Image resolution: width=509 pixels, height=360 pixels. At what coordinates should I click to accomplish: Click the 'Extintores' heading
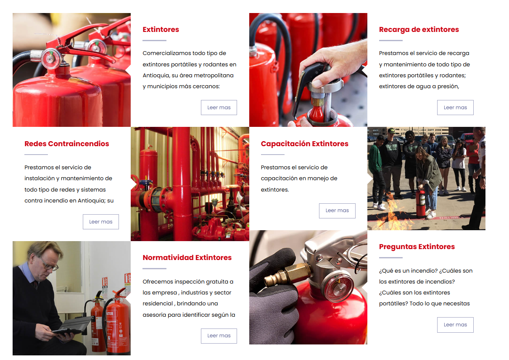click(161, 29)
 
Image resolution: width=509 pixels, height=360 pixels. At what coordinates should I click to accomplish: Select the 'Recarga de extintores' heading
click(419, 29)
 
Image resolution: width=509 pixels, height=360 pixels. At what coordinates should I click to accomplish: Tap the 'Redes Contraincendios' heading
click(66, 144)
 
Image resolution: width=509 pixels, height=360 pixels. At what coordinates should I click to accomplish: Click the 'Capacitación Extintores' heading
click(304, 144)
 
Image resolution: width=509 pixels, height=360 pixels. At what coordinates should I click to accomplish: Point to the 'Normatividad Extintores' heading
click(187, 258)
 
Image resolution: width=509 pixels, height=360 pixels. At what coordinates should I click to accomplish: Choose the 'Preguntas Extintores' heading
click(417, 247)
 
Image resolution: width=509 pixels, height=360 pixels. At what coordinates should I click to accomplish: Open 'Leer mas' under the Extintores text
click(219, 108)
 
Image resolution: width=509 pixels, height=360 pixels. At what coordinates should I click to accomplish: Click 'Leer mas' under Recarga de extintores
click(455, 108)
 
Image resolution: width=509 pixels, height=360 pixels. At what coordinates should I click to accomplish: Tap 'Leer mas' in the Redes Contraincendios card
click(100, 222)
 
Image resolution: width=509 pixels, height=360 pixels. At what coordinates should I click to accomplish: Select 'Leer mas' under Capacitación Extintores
click(337, 210)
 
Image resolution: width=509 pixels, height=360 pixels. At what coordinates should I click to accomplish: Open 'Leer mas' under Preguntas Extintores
click(455, 325)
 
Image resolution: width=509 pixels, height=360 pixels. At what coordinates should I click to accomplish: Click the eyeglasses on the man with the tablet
click(48, 265)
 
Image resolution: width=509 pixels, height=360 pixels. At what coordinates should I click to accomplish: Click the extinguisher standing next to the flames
click(421, 203)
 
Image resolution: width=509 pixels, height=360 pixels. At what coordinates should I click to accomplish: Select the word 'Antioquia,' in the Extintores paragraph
click(156, 76)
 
